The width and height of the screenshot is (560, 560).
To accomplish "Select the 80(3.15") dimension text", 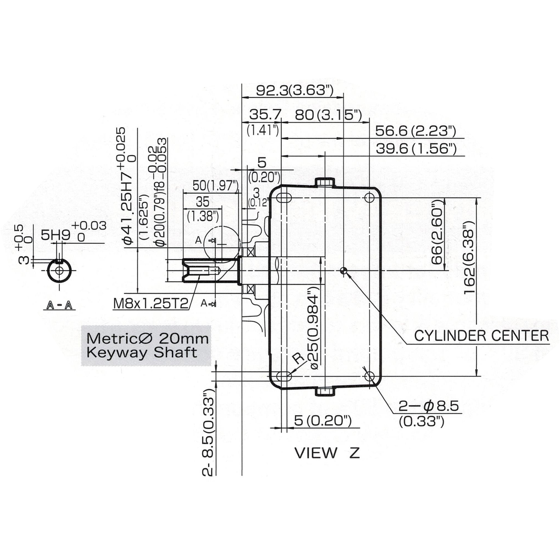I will [x=328, y=115].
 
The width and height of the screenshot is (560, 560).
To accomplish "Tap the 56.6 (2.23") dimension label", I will [x=416, y=131].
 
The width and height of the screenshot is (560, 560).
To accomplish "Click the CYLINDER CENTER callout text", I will [x=481, y=336].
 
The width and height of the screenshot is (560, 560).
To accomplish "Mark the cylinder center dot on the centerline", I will [x=344, y=271].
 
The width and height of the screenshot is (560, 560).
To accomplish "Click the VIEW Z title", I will [x=327, y=453].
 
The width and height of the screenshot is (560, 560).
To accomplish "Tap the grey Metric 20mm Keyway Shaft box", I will [x=146, y=345].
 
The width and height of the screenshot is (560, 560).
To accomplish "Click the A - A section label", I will [x=59, y=305].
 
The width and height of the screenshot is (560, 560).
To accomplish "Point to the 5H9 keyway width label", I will [x=55, y=235].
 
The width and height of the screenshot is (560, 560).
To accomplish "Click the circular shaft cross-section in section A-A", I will [x=59, y=271].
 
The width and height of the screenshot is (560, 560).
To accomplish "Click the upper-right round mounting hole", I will [x=369, y=197].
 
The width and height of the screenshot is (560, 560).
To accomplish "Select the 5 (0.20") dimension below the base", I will [x=323, y=421].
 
